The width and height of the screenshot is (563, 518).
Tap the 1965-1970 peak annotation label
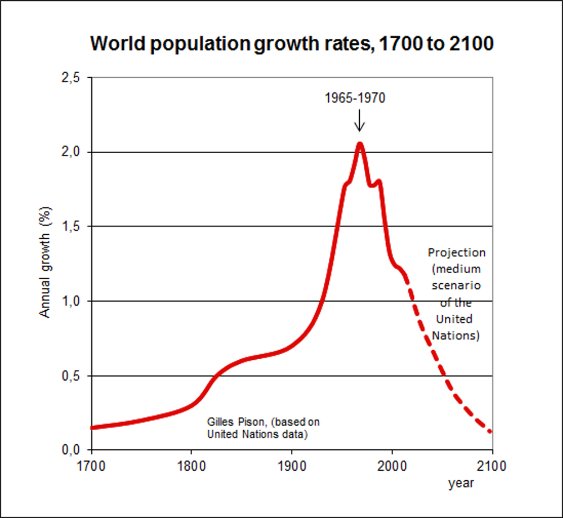coord(355,98)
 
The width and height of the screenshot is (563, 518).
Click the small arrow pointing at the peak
coord(360,120)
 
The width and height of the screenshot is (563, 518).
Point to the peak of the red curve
coord(360,144)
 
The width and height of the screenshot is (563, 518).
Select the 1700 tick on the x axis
coord(91,467)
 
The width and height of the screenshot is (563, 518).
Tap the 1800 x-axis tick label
coord(191,467)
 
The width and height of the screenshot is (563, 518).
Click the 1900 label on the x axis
coord(292,467)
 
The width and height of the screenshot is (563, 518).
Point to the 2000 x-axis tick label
coord(392,467)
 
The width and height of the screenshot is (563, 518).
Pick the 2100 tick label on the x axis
coord(493,467)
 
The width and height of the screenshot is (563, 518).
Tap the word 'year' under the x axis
coord(461,483)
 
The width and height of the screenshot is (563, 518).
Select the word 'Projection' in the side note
coord(456,253)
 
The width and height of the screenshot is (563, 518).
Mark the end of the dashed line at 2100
coord(490,431)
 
